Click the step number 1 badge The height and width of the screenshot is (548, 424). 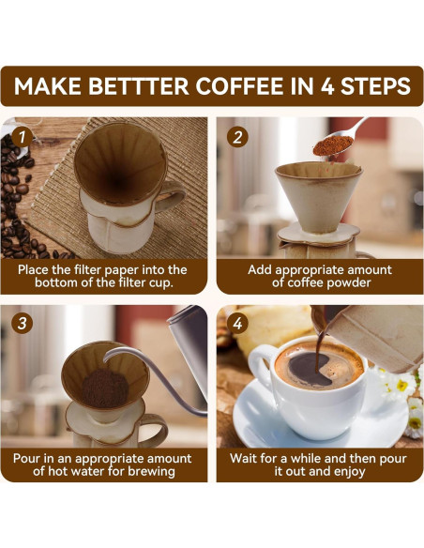pyautogui.click(x=23, y=137)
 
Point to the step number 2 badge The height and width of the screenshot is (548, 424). pyautogui.click(x=238, y=137)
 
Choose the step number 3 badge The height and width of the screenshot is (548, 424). pyautogui.click(x=23, y=325)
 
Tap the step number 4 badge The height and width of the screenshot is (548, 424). pyautogui.click(x=238, y=325)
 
